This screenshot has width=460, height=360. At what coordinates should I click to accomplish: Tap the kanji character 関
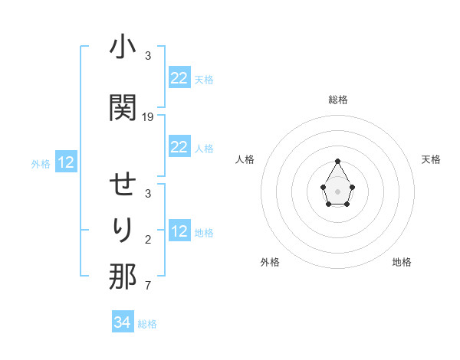coord(123,107)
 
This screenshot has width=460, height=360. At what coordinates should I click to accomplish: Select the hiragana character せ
coord(123,187)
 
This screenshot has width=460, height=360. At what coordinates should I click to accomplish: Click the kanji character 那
coord(123,277)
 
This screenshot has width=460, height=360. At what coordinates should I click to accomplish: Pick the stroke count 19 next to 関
coord(148,117)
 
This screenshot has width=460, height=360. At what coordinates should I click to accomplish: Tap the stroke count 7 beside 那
coord(148,286)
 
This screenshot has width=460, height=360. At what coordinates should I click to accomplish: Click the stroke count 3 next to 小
coord(148,56)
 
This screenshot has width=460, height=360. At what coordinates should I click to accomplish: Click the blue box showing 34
coord(123,322)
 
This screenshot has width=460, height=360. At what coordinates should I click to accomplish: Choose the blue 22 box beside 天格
coord(179,77)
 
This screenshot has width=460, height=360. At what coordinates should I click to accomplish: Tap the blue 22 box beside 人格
coord(179,147)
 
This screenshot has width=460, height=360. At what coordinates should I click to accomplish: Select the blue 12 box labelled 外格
coord(66,162)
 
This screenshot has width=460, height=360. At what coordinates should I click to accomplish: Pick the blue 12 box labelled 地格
coord(179,231)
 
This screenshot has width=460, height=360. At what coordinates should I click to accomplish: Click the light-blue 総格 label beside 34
coord(147,324)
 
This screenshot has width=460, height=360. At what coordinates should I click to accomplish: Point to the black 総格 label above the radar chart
coord(338,100)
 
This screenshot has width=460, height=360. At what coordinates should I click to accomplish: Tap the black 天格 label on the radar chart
coord(432,159)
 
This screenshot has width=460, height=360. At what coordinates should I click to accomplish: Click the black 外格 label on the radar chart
coord(270,262)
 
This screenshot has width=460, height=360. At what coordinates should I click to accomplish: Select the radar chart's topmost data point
coord(338,161)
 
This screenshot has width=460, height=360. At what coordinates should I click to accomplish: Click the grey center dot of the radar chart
coord(338,190)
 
